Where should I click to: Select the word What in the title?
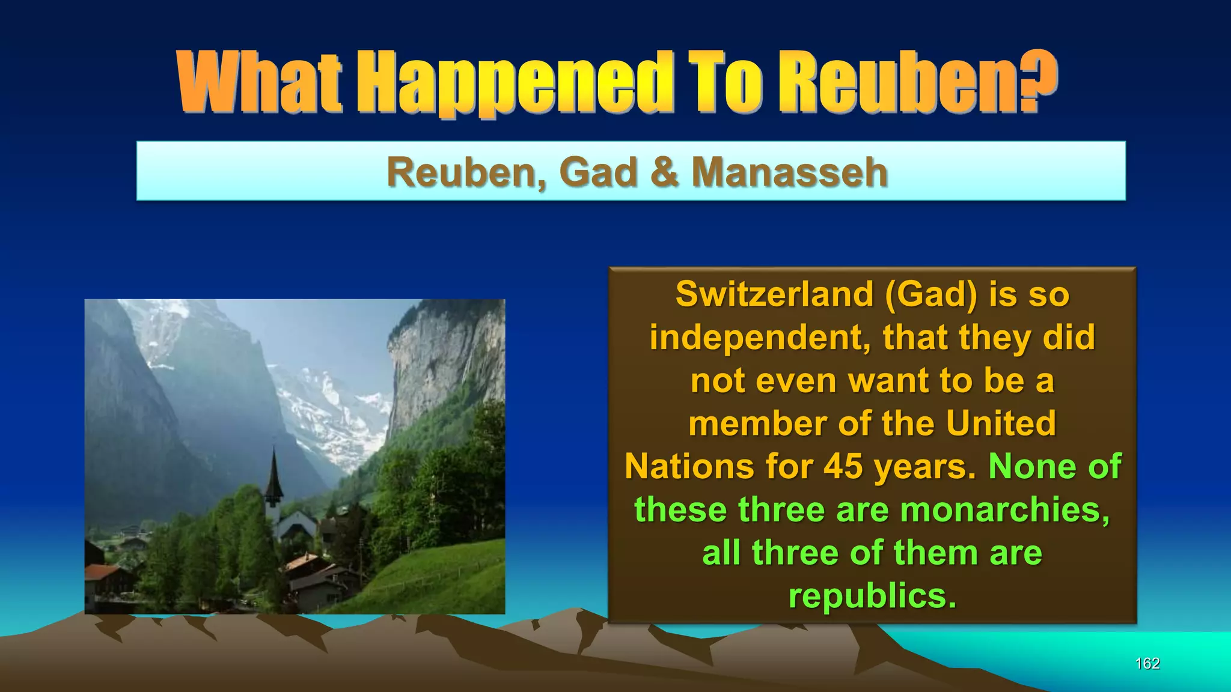tap(260, 83)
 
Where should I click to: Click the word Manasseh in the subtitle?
tap(789, 172)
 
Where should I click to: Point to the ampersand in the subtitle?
tap(664, 172)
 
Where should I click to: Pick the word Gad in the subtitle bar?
tap(598, 172)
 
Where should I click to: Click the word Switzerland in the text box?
tap(774, 294)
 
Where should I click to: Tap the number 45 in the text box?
tap(843, 467)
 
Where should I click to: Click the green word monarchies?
tap(1004, 510)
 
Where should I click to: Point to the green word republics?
tap(872, 596)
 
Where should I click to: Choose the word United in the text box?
tap(1001, 423)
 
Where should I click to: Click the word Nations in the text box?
tap(689, 467)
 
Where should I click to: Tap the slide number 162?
tap(1147, 663)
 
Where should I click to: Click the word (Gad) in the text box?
tap(930, 294)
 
